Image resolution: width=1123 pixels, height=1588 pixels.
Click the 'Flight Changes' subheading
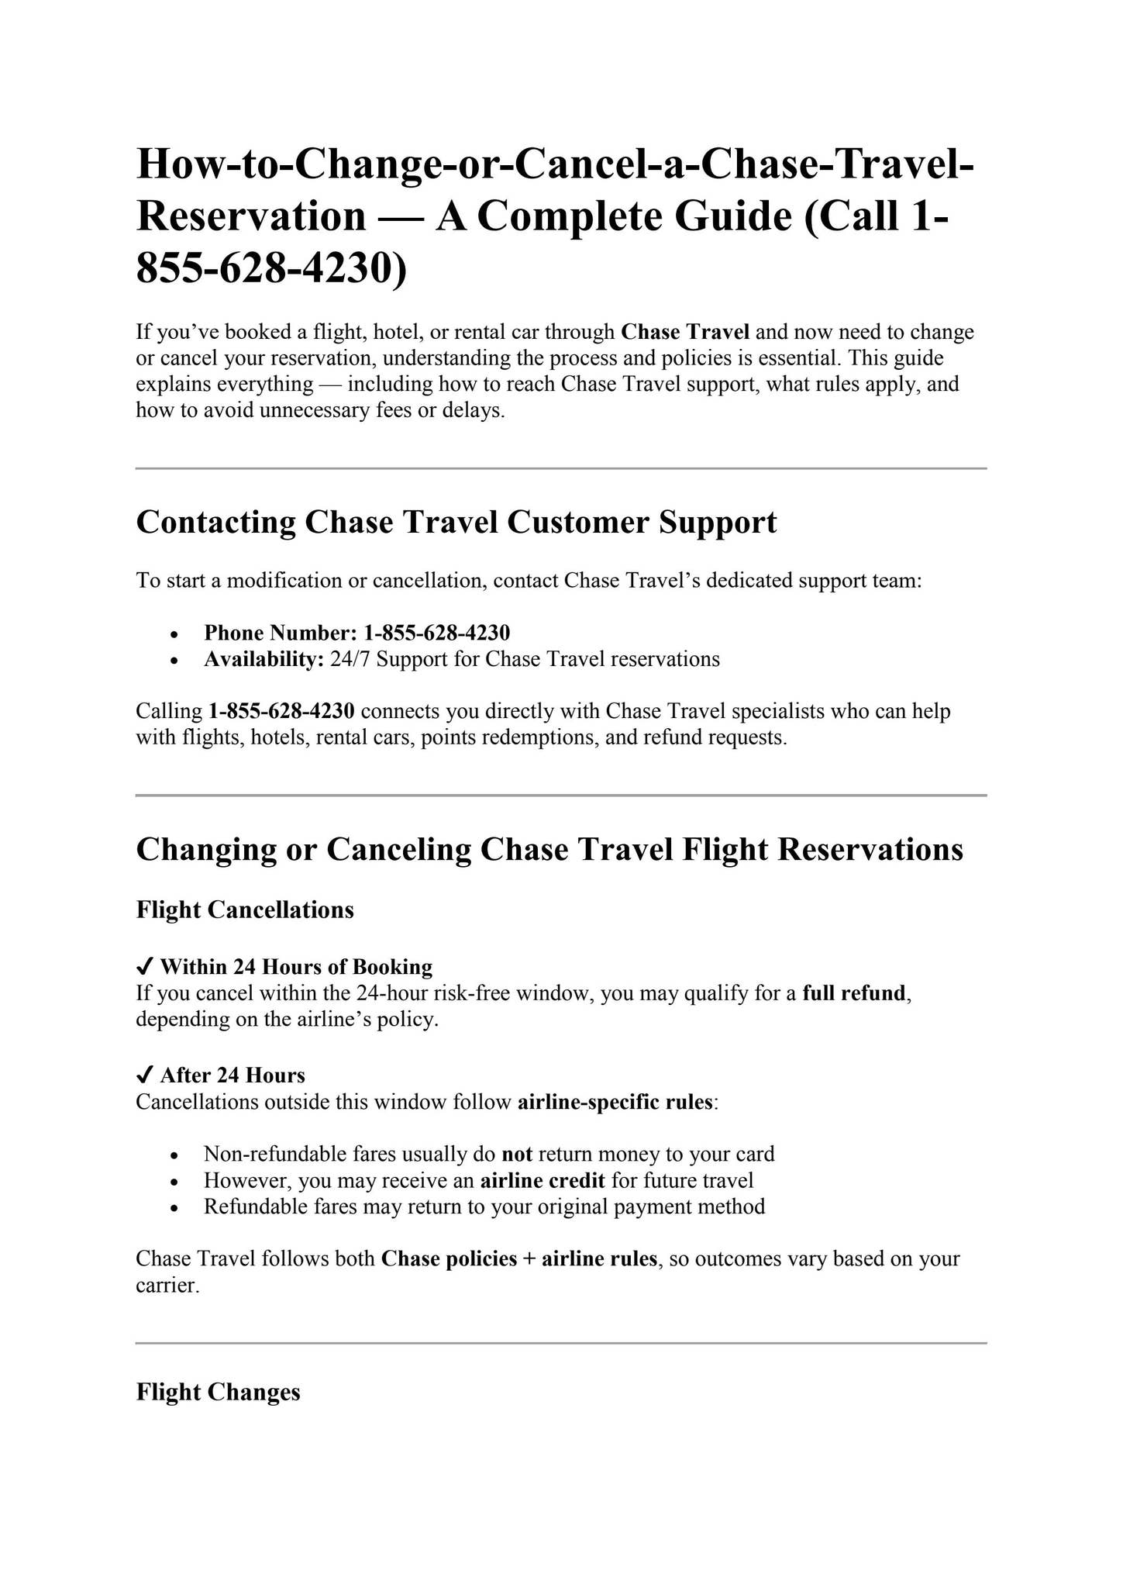[218, 1392]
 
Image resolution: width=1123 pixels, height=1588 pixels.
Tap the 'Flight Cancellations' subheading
[245, 910]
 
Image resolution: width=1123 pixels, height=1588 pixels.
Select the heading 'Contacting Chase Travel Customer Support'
[456, 523]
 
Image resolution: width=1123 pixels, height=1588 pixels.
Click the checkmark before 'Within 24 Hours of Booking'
[144, 966]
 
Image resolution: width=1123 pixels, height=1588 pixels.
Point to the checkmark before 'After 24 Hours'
[144, 1075]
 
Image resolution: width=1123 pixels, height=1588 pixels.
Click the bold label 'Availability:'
[264, 660]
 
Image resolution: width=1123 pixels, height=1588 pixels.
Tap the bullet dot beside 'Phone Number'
[176, 634]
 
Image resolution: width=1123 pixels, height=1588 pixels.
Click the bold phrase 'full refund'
[853, 993]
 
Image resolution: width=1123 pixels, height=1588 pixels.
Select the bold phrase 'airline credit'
[543, 1181]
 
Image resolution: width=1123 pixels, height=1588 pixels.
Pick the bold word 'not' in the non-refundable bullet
[517, 1155]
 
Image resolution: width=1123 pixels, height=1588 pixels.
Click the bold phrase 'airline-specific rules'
[615, 1102]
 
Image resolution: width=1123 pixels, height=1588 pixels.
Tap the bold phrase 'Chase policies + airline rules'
[519, 1258]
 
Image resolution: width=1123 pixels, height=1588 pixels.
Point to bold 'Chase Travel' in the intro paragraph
[685, 333]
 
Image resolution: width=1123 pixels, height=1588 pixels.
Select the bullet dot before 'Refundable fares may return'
[176, 1208]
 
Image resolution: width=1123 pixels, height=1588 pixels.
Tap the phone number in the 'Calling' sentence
[281, 711]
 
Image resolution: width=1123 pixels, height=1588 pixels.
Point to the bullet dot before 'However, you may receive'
[176, 1182]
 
